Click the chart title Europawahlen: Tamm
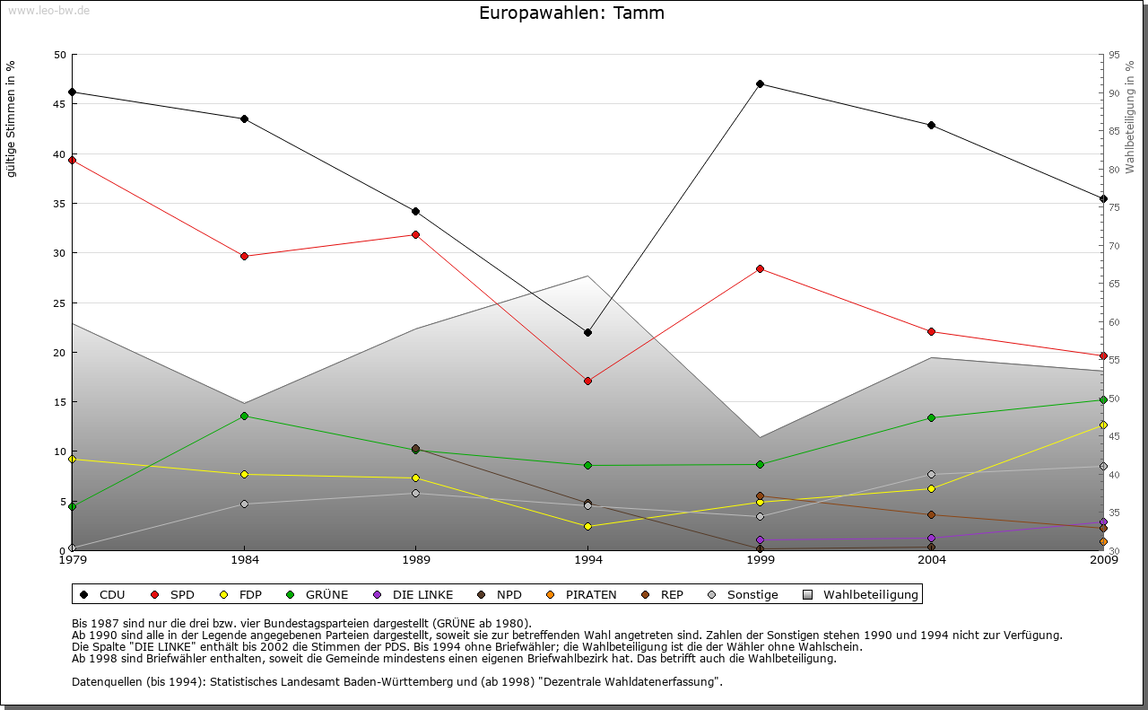[571, 13]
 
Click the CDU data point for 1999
[760, 83]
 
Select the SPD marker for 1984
[244, 256]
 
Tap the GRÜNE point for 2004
[932, 417]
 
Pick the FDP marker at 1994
[587, 526]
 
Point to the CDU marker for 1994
[587, 332]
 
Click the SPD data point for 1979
[72, 160]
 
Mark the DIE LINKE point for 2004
[932, 538]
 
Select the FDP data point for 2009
[1103, 425]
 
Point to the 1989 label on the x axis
[416, 560]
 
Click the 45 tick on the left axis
[60, 104]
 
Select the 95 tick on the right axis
[1114, 55]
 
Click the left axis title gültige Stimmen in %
[12, 118]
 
